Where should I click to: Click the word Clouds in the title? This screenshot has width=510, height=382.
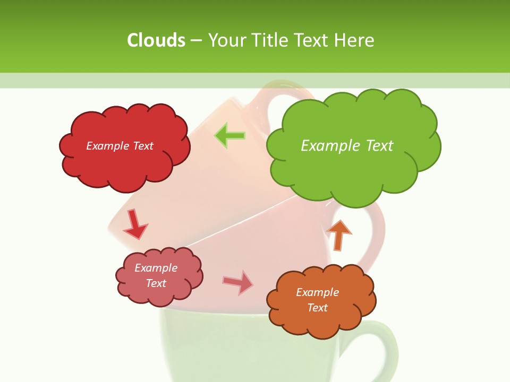[x=156, y=40]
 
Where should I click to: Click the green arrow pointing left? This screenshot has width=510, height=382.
[x=229, y=136]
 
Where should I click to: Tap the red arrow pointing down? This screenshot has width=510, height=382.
[x=135, y=224]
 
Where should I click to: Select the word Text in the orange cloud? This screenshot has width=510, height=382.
[x=317, y=308]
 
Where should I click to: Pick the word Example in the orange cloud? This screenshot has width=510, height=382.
[x=317, y=292]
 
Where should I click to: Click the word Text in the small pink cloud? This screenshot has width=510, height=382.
[x=156, y=283]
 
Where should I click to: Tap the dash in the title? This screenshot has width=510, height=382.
[x=195, y=40]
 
